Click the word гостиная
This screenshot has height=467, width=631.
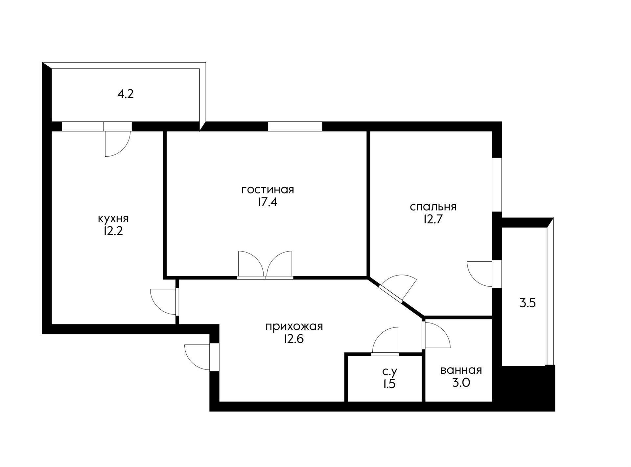pos(268,190)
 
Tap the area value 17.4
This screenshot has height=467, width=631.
pos(267,202)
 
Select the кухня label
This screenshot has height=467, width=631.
pos(113,219)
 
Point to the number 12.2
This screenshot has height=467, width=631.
pos(113,231)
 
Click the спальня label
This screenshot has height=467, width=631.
pos(433,207)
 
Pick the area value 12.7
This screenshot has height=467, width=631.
pos(433,219)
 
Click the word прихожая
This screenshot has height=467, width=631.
pos(294,327)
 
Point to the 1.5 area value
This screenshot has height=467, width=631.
pos(389,384)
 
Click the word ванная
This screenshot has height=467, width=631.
pos(461,370)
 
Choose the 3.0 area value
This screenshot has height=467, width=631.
pos(461,383)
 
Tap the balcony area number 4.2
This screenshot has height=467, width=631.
pos(126,95)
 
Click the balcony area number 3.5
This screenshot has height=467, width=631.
pos(527,303)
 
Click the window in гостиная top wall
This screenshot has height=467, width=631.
pos(295,126)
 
